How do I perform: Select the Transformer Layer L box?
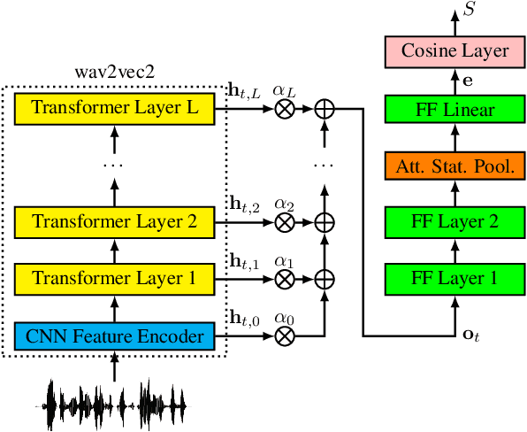(115, 108)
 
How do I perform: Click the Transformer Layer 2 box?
(115, 221)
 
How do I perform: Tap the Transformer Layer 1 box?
(115, 278)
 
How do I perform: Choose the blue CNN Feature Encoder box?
(115, 336)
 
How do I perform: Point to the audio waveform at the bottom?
(115, 405)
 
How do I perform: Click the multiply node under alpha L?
(285, 109)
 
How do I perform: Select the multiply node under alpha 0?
(285, 336)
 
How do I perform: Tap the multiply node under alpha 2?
(285, 222)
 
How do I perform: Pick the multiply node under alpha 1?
(285, 279)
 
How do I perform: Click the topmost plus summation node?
(325, 109)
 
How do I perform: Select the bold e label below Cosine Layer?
(469, 81)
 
